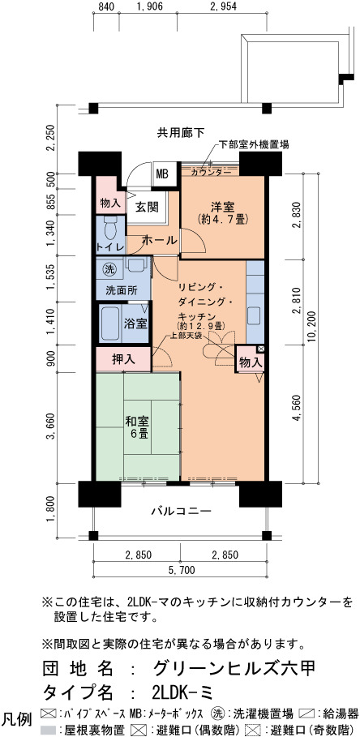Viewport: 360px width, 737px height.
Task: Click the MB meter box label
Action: coord(162,174)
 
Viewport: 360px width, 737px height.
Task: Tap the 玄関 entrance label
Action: coord(147,206)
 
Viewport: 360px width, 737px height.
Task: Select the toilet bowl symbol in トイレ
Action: coord(110,228)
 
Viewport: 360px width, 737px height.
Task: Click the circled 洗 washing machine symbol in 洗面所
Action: coord(109,269)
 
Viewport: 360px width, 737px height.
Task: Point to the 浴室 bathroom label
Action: coord(136,324)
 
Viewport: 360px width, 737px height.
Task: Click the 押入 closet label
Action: coord(123,359)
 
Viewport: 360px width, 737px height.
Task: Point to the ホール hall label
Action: coord(159,240)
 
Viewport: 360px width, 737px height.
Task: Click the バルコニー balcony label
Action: coord(181,511)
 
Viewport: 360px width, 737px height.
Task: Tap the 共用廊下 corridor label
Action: coord(181,133)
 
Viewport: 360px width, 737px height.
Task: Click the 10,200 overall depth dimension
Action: coord(315,328)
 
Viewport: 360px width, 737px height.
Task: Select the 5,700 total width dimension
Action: coord(181,570)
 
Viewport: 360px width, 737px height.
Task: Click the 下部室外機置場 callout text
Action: coord(254,145)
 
